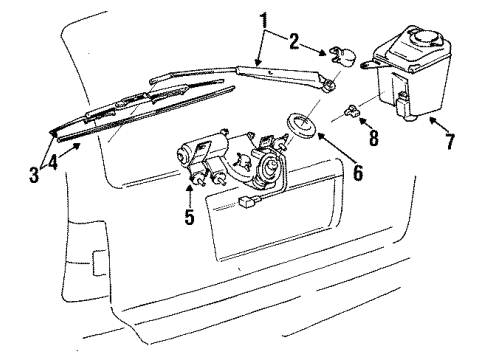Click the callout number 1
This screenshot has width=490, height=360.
click(264, 21)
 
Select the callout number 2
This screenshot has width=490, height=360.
click(294, 42)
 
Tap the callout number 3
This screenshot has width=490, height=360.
click(34, 175)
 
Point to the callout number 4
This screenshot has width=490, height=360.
click(53, 162)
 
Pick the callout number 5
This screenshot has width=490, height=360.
click(189, 216)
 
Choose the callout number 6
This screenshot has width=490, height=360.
click(358, 172)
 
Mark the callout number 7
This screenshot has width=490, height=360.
click(450, 141)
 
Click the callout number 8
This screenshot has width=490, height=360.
click(374, 137)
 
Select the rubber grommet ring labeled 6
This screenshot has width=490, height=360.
click(302, 124)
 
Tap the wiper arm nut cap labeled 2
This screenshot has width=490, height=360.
click(342, 57)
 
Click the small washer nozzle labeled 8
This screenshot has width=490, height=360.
click(351, 111)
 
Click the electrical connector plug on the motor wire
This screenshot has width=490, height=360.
click(247, 201)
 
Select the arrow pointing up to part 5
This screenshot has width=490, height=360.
click(189, 196)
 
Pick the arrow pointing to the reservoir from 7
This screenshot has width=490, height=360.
click(438, 125)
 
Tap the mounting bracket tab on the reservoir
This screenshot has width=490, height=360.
click(369, 64)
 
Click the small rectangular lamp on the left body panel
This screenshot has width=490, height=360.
click(99, 263)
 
